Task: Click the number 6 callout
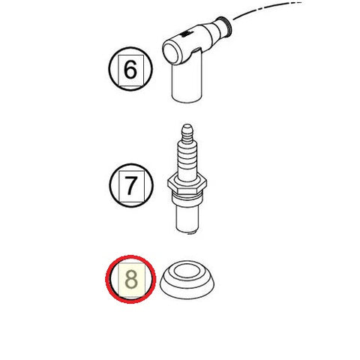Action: pyautogui.click(x=130, y=73)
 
